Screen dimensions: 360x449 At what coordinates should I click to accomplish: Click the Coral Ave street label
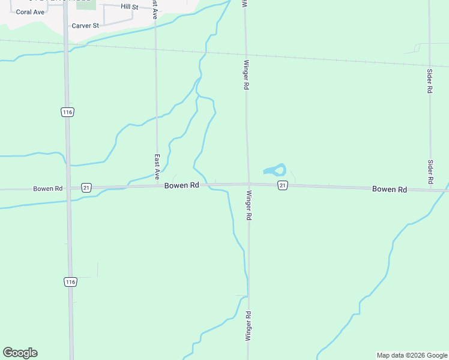coord(30,12)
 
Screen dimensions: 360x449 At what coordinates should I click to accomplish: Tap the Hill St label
coord(129,7)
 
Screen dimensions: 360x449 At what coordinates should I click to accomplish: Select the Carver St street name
coord(85,26)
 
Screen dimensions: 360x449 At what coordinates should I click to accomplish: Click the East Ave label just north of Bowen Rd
coord(157,167)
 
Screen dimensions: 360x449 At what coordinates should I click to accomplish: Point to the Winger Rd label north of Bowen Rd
coord(246,75)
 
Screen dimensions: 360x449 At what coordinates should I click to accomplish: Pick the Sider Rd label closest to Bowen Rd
coord(430,172)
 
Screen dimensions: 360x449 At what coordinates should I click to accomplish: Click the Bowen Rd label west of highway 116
coord(48,188)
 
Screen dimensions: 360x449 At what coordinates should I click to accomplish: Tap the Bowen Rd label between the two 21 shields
coord(182,186)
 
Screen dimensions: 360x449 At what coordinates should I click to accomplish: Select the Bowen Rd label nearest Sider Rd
coord(390,189)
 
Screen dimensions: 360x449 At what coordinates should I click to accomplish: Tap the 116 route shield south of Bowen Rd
coord(70,281)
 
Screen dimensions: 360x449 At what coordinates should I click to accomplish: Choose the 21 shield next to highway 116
coord(86,187)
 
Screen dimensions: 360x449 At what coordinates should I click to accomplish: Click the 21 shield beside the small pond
coord(283,186)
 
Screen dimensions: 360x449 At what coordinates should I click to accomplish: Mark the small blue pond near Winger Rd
coord(276,170)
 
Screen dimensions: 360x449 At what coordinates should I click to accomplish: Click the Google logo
coord(20,353)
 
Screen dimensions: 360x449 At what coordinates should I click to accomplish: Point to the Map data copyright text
coord(412,355)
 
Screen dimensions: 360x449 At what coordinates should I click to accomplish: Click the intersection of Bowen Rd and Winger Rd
coord(247,184)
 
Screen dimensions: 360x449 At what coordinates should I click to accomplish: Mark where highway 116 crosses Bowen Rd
coord(68,188)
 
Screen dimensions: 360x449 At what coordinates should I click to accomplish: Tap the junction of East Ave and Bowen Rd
coord(157,186)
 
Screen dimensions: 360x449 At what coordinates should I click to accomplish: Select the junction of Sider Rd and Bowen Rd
coord(431,190)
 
